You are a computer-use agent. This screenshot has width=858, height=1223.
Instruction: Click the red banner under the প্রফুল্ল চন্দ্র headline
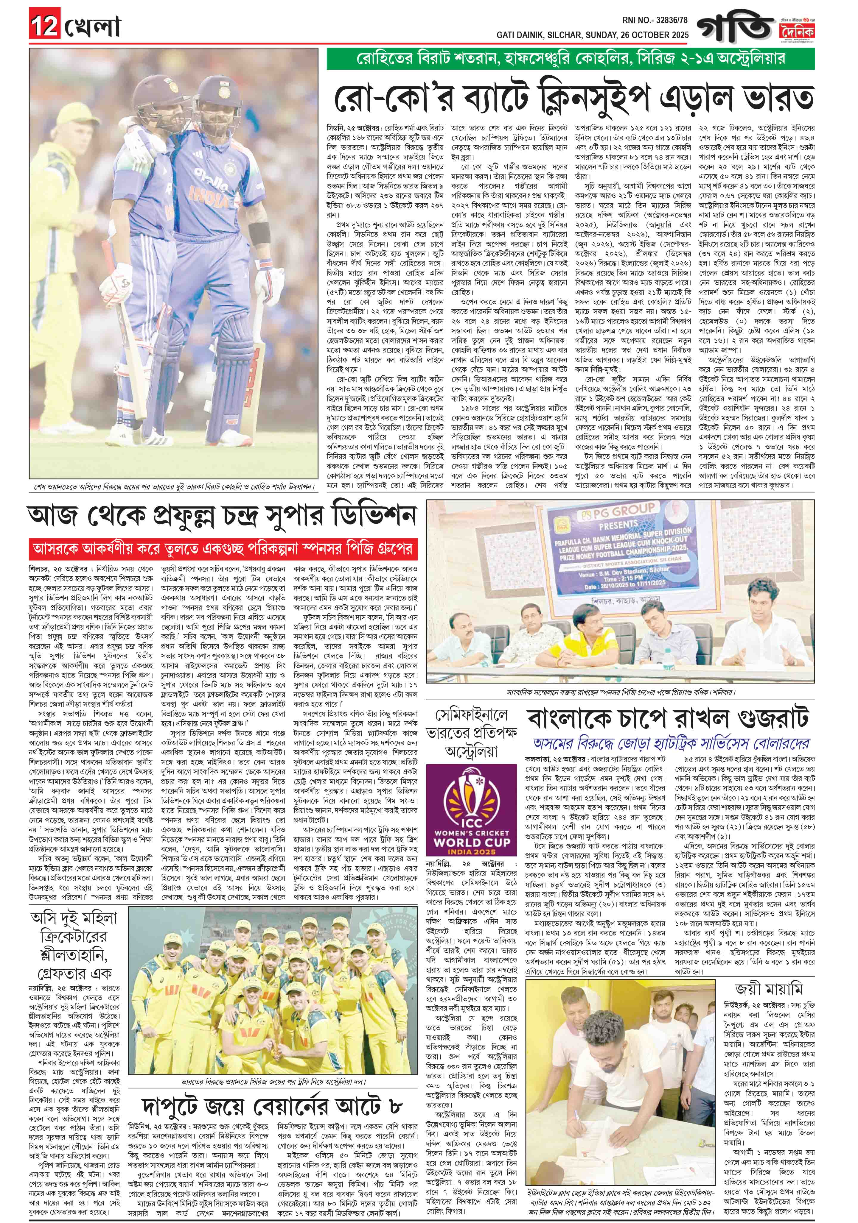(223, 548)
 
